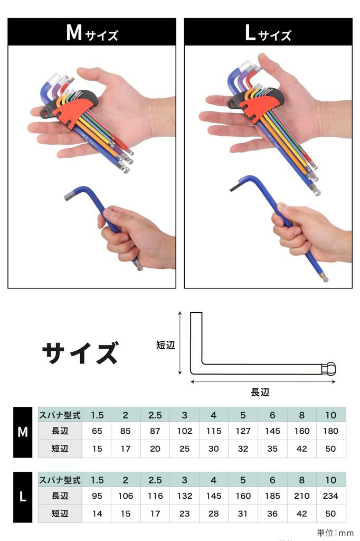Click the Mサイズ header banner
(x=92, y=32)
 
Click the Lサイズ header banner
(x=268, y=32)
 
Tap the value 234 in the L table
(x=330, y=496)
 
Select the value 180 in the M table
(x=330, y=431)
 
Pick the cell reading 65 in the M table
(x=97, y=431)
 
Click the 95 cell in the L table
(x=97, y=496)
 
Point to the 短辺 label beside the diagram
(x=165, y=345)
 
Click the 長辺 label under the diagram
(x=260, y=392)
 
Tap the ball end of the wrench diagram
(x=330, y=369)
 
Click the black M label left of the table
(x=23, y=432)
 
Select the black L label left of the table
(x=23, y=497)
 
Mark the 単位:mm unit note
(x=335, y=533)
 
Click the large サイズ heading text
(x=80, y=353)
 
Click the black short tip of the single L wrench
(x=233, y=187)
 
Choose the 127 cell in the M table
(x=243, y=431)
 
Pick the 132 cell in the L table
(x=185, y=496)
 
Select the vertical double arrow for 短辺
(x=180, y=343)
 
